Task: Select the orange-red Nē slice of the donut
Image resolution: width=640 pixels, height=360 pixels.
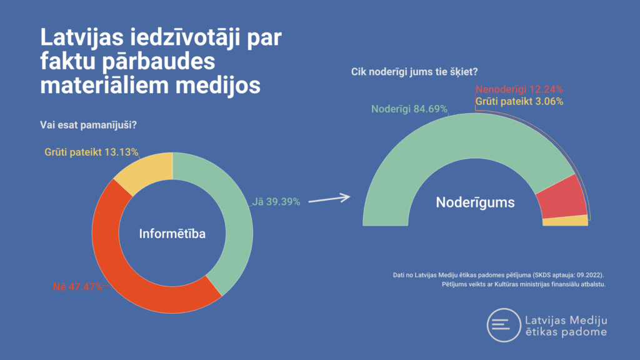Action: tap(125, 275)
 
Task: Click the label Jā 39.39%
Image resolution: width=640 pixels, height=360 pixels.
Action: tap(277, 202)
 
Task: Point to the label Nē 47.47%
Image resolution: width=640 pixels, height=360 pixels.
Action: tap(77, 287)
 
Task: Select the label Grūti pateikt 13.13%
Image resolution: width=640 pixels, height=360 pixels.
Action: tap(91, 152)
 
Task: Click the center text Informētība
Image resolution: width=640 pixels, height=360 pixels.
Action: tap(172, 234)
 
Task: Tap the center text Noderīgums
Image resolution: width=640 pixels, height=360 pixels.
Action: tap(475, 202)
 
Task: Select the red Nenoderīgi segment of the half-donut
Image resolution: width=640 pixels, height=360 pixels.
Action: tap(561, 196)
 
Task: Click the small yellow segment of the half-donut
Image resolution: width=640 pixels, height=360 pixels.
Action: tap(566, 220)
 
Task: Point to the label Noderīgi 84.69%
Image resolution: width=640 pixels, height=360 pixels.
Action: tap(409, 108)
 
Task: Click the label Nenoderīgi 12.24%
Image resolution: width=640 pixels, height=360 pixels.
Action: tap(519, 89)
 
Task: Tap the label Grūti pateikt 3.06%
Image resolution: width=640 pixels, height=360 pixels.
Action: tap(519, 101)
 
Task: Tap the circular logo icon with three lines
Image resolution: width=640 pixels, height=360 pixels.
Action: tap(504, 325)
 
